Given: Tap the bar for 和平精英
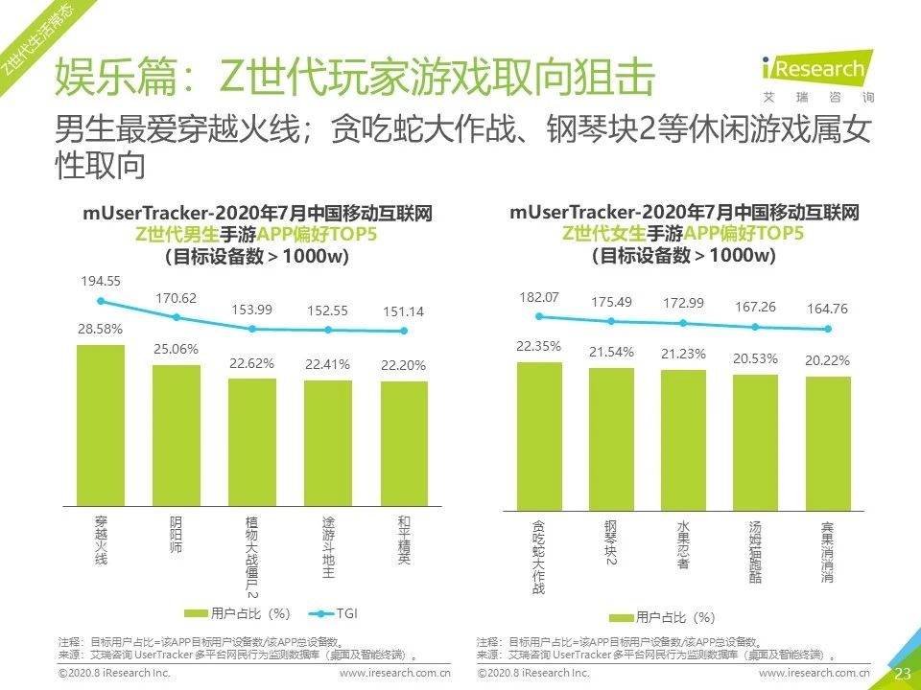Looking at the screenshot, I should click(x=404, y=442).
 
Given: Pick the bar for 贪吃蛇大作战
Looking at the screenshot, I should click(x=539, y=432).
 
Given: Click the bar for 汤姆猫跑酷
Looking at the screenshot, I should click(x=755, y=439).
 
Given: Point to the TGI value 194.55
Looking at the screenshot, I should click(x=101, y=281).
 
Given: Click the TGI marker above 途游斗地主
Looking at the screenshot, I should click(x=328, y=330).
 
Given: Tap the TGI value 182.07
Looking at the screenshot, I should click(x=538, y=297).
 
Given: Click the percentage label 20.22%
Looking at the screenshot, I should click(x=828, y=361).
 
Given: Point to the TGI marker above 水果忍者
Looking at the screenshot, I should click(x=683, y=323).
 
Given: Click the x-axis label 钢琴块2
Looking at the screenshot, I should click(x=611, y=542).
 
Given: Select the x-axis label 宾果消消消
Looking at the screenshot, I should click(x=828, y=552).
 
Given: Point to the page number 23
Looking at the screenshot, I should click(x=902, y=674).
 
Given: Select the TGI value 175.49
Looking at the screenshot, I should click(x=611, y=302).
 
